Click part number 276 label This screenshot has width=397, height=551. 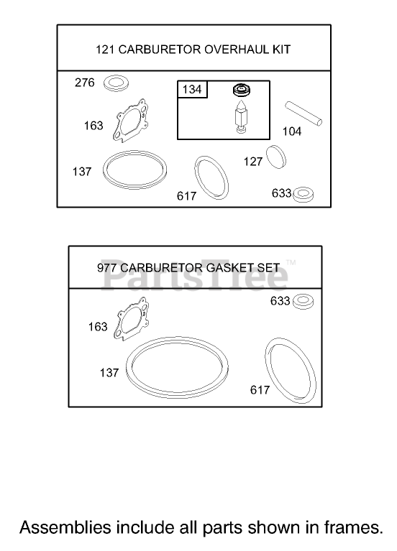[84, 83]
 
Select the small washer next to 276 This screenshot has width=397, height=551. [116, 83]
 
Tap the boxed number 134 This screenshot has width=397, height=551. [192, 89]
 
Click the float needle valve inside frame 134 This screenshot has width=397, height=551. [241, 116]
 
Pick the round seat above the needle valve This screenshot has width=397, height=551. [242, 90]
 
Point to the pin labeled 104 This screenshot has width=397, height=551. [304, 114]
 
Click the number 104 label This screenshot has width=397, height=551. [292, 131]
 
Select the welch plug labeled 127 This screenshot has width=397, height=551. [276, 157]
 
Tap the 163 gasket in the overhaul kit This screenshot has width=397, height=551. [129, 121]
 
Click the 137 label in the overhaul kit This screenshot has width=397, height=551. [82, 172]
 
